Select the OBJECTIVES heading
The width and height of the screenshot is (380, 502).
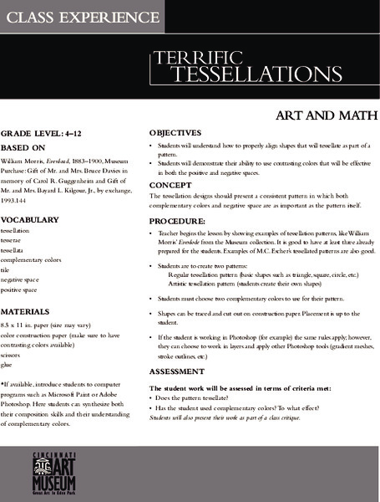175,133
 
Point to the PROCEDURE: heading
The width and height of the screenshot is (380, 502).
177,223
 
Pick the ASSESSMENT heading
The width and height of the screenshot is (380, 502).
176,371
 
